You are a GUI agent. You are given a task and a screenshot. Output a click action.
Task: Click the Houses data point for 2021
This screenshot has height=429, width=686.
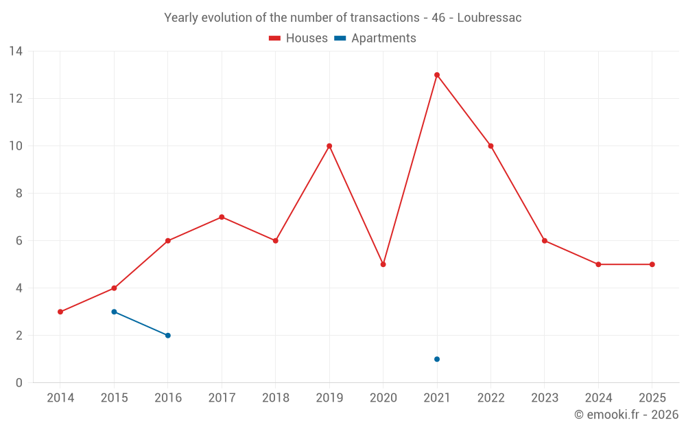coord(436,75)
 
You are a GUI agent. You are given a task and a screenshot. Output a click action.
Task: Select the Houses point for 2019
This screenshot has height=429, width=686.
coord(329,146)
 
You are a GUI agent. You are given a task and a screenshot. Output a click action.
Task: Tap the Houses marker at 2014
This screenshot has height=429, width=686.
coord(60,312)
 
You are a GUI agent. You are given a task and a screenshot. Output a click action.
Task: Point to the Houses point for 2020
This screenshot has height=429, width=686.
coord(383,264)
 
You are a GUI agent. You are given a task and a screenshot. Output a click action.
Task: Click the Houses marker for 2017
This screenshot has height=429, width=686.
coord(222,217)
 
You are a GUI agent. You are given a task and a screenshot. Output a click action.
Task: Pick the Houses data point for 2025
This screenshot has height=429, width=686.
coord(652,264)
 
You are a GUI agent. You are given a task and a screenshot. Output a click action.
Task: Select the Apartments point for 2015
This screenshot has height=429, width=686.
coord(114,312)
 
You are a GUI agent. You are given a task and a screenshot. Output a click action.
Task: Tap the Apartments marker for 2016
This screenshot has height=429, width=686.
coord(168,336)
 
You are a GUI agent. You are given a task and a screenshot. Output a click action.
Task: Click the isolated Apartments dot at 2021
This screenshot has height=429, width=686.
coord(436,359)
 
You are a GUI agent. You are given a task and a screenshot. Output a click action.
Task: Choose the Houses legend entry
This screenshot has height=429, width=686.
coord(298,38)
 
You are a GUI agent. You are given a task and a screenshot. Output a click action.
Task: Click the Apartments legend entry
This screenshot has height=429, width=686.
coord(375,38)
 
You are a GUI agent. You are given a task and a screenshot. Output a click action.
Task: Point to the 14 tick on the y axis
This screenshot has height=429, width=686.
coord(16,51)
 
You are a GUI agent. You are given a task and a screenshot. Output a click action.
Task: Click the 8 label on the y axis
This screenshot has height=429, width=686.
coord(19,194)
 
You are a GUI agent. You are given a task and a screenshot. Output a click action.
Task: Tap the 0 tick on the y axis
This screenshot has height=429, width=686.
coord(19,383)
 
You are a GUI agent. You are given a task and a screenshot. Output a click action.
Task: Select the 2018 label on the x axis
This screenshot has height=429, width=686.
coord(276,397)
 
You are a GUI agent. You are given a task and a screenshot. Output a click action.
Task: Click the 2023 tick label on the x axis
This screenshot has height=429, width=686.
coord(545,397)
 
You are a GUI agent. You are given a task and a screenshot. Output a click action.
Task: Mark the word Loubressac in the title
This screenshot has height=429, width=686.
coord(490,18)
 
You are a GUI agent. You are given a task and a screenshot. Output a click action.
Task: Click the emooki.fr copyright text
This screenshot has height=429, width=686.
coord(626,414)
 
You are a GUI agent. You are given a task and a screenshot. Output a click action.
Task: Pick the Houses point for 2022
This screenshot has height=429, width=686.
coord(490,146)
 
